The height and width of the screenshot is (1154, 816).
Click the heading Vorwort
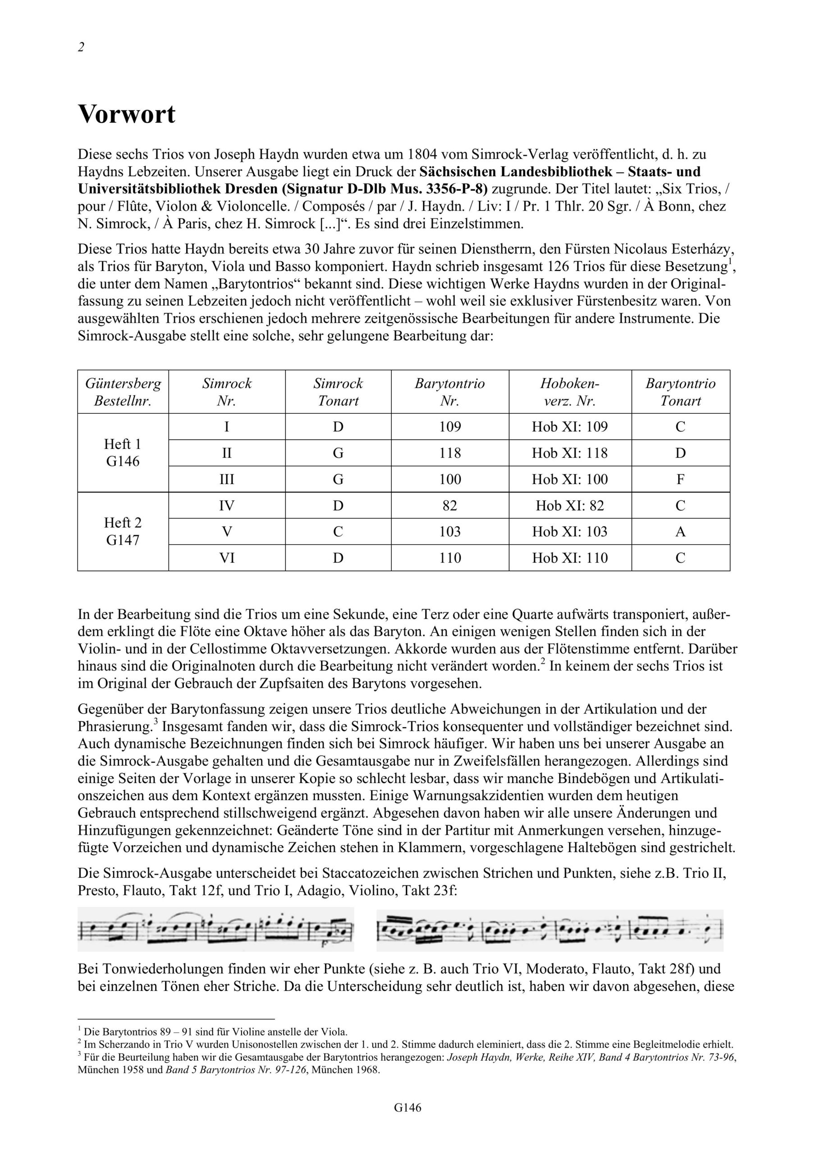click(x=127, y=114)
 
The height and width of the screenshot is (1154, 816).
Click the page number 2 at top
click(x=81, y=47)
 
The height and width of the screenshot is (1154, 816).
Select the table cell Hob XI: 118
click(x=570, y=453)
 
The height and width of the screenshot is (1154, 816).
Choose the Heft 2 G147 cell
click(x=123, y=531)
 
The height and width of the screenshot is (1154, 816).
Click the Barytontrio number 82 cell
click(x=449, y=505)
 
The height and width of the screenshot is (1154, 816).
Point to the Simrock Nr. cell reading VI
click(x=227, y=558)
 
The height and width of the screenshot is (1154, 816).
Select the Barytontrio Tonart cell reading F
click(x=680, y=479)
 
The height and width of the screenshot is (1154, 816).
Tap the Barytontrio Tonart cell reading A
click(x=680, y=531)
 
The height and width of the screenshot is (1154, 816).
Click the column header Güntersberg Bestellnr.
click(x=123, y=392)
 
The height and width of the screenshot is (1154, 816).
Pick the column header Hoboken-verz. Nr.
click(x=570, y=392)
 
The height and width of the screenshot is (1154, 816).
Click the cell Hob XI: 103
click(x=570, y=531)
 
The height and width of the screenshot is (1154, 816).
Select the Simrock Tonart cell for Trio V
click(x=338, y=531)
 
